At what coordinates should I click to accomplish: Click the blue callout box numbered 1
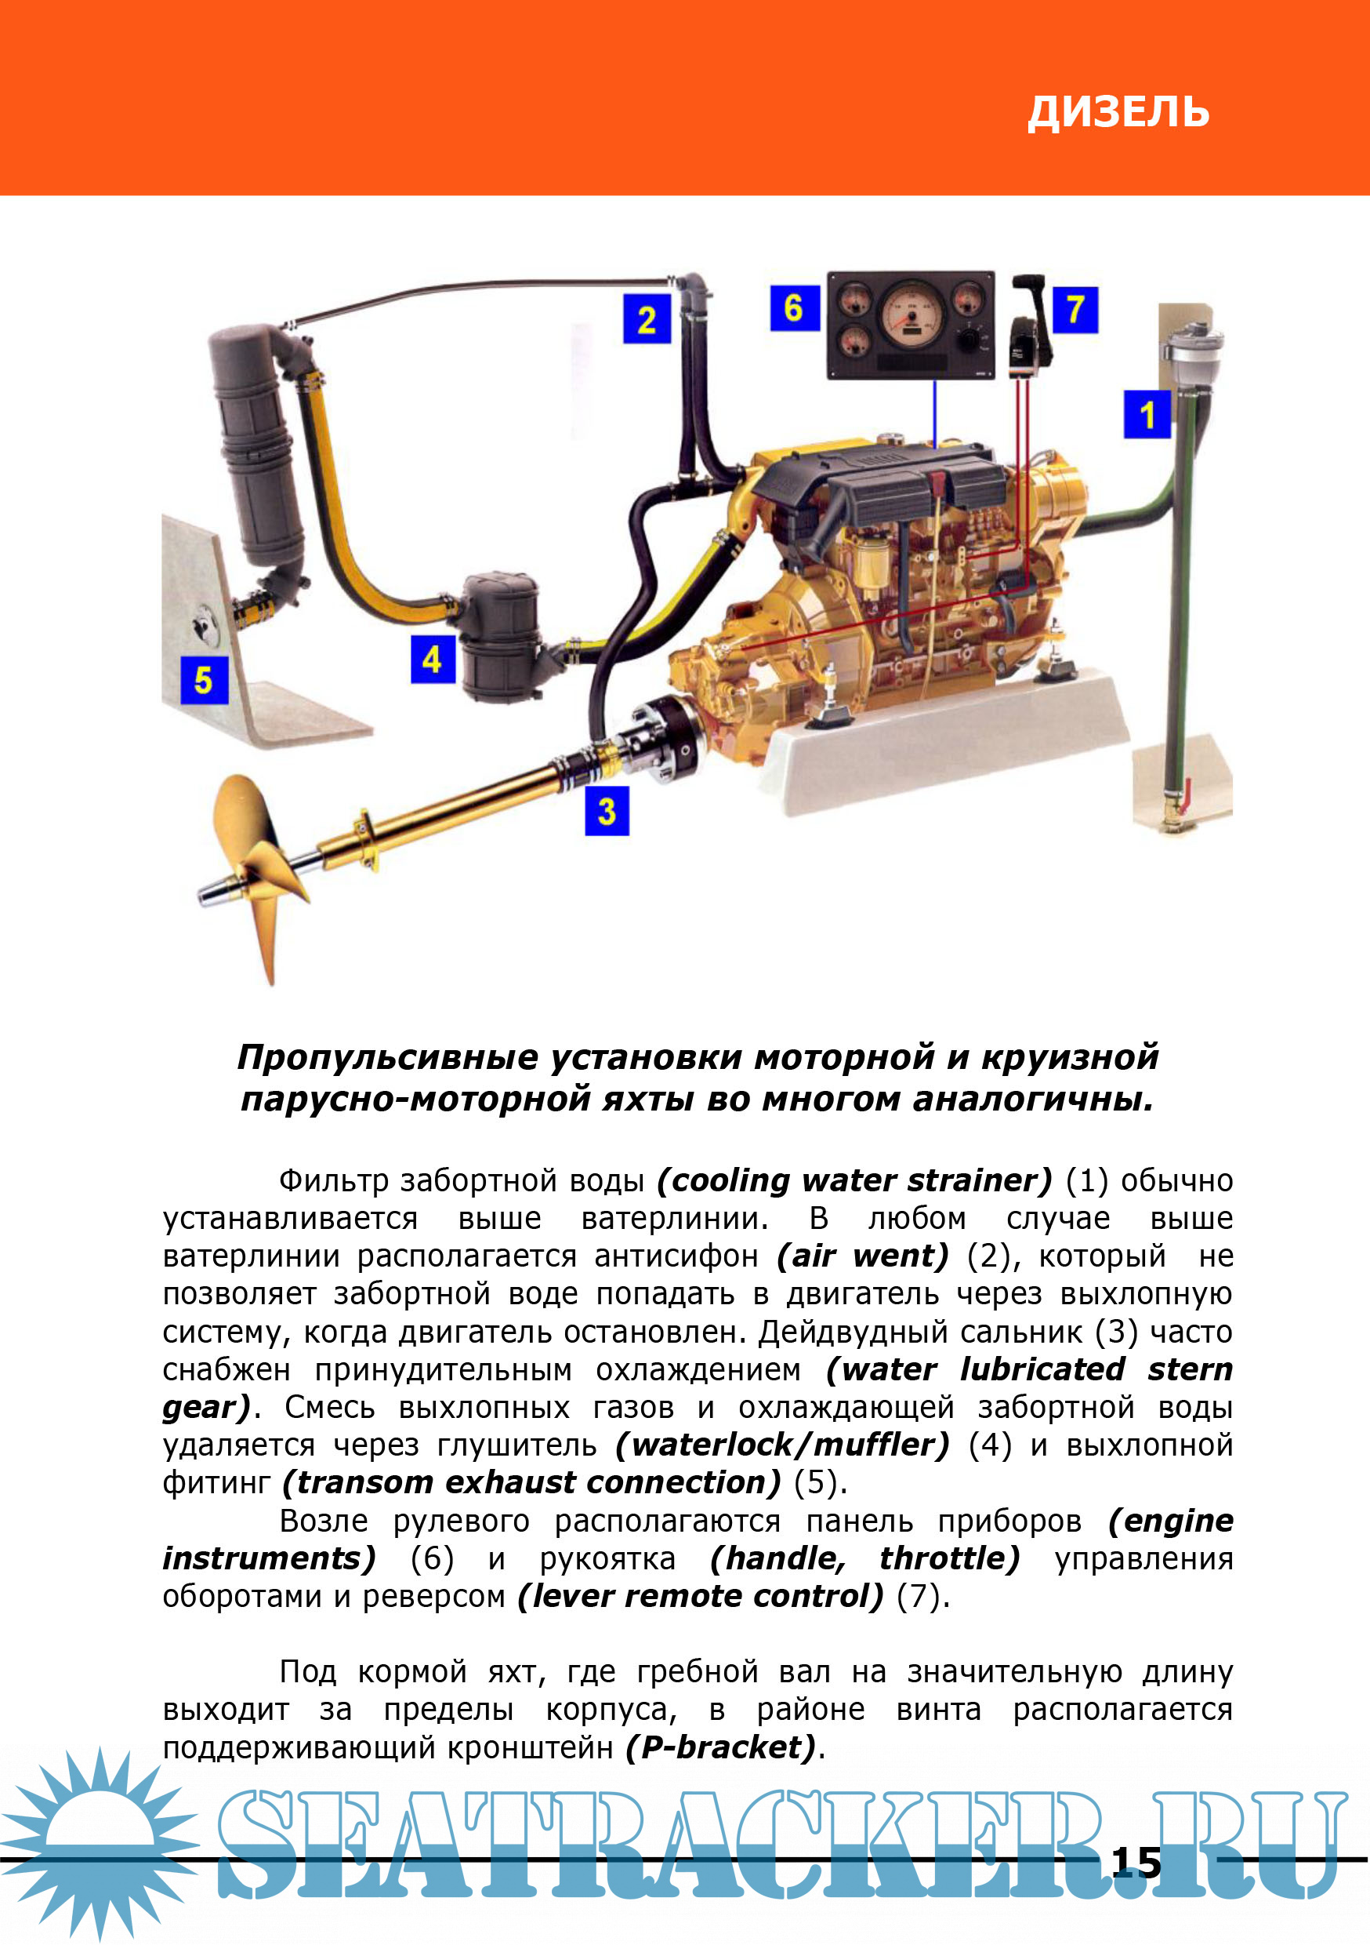pos(1147,414)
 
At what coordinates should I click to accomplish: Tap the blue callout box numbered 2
pos(647,318)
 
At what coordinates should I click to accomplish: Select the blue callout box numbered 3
pos(607,811)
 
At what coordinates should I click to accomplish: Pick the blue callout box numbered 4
pos(433,660)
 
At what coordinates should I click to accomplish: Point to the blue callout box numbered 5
pos(204,679)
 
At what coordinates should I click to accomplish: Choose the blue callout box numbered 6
pos(794,307)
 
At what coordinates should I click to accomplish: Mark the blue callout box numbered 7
pos(1075,309)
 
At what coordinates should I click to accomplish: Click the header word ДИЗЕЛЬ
pos(1118,112)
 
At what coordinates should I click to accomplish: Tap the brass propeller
pos(254,873)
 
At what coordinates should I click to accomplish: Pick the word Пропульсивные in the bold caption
pos(388,1058)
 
